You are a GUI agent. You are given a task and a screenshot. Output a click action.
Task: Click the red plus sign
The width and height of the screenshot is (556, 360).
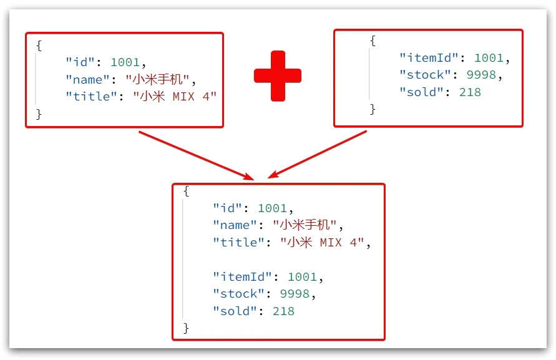278,76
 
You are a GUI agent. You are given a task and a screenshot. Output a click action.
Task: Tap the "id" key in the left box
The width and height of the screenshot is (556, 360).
80,62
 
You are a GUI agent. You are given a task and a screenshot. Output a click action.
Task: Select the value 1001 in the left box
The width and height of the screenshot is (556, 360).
127,62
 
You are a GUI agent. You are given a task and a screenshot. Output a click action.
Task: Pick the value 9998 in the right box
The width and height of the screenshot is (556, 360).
480,75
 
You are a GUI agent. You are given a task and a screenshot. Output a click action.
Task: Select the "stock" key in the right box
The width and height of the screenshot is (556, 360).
425,75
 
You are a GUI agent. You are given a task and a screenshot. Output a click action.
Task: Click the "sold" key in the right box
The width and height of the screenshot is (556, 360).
421,92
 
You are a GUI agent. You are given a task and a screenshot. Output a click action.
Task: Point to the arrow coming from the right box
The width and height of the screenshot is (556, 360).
319,154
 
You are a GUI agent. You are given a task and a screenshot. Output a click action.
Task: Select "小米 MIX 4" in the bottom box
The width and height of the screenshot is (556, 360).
321,242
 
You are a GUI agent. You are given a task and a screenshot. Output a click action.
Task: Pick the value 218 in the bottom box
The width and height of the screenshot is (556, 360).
283,311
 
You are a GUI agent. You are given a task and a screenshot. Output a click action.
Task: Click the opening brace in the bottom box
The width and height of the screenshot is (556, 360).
186,190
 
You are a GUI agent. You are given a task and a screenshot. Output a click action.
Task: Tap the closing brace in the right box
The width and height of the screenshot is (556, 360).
373,109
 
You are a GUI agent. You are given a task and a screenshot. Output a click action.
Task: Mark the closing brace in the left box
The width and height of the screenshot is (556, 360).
39,114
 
